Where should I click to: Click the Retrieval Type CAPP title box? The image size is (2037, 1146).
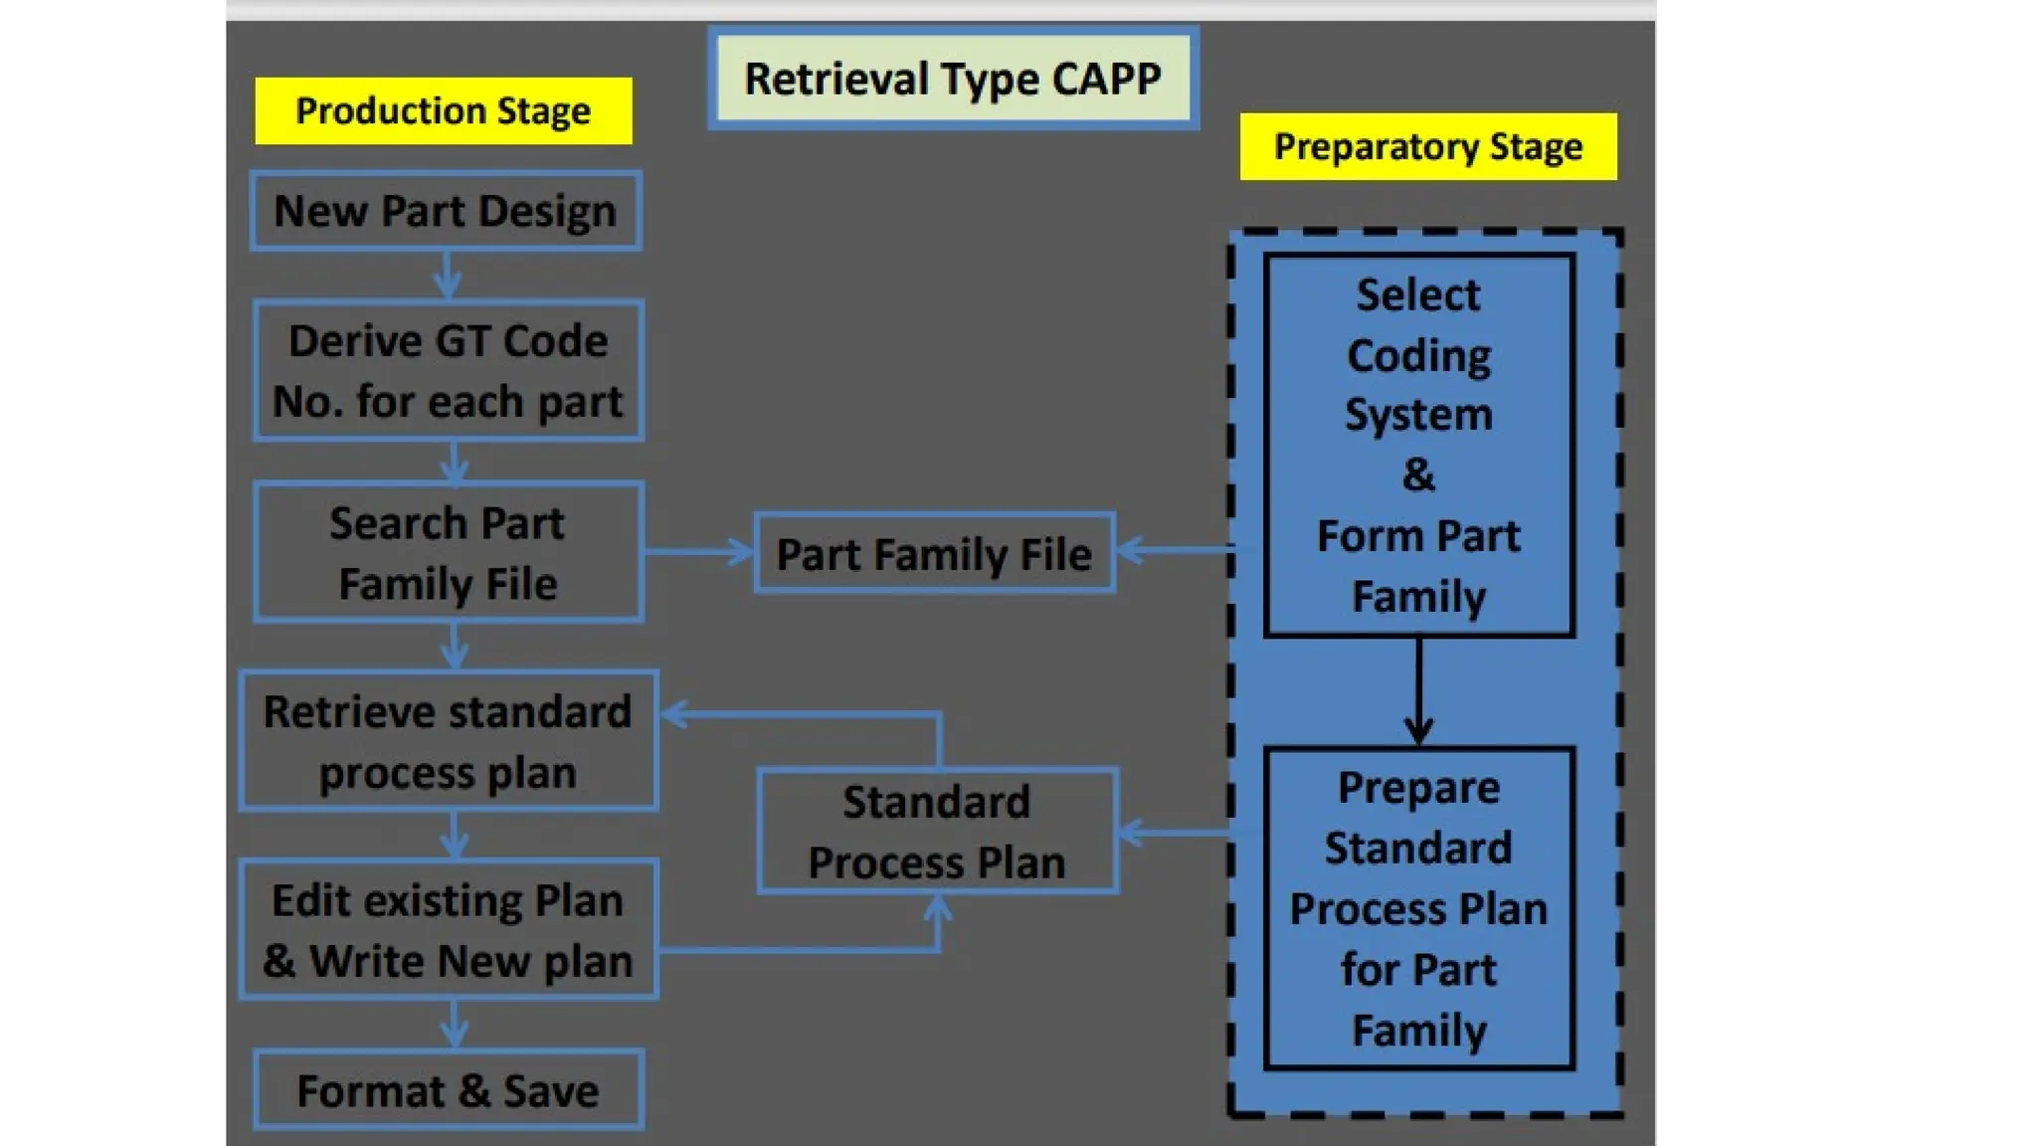click(953, 79)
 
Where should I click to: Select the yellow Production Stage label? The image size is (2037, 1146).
click(444, 110)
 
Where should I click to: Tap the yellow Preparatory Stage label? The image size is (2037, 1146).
click(1427, 147)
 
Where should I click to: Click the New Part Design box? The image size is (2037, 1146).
click(446, 211)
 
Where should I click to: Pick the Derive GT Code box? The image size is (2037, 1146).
click(449, 371)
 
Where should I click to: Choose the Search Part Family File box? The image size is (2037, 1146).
click(449, 553)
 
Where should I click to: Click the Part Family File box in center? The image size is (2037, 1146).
click(934, 554)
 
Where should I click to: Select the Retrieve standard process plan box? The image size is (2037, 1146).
click(449, 742)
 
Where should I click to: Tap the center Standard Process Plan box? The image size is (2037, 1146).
click(937, 832)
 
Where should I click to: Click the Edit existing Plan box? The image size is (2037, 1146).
click(449, 930)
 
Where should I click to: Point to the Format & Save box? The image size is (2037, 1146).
click(449, 1090)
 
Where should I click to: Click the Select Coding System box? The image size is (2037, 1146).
click(1418, 445)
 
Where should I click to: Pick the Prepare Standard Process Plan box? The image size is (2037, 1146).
click(1418, 908)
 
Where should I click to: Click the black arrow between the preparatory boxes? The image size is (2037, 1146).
click(1418, 691)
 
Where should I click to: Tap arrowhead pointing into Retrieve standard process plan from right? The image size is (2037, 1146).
click(677, 714)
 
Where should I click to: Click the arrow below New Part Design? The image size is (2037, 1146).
click(447, 276)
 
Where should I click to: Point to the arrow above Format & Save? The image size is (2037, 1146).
click(455, 1025)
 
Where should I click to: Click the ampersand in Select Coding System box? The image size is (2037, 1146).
click(1418, 476)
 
